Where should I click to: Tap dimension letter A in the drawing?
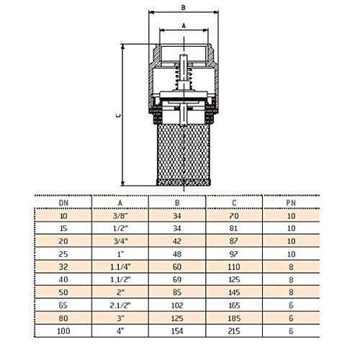click(184, 25)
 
